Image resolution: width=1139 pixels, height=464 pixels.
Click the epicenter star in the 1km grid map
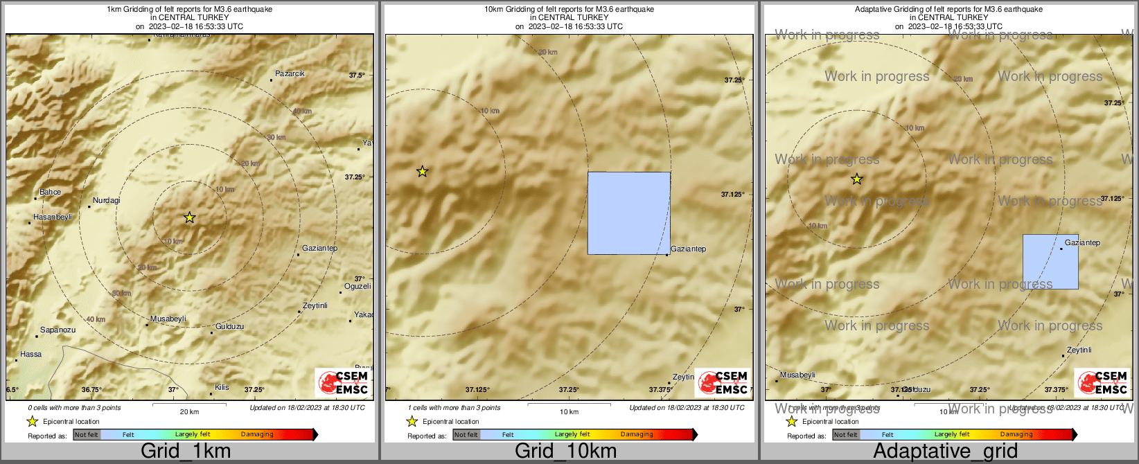click(x=189, y=217)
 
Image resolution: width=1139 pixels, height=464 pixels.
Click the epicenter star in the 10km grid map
click(x=422, y=171)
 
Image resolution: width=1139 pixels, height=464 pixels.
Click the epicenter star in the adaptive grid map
click(x=856, y=179)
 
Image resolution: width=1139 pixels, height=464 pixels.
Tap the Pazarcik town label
click(x=290, y=73)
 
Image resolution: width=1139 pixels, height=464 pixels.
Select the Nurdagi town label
click(x=106, y=201)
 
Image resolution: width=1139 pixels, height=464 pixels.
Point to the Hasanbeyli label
click(x=53, y=217)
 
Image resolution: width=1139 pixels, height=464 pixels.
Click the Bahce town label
click(x=50, y=193)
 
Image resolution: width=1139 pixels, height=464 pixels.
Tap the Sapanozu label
click(x=58, y=330)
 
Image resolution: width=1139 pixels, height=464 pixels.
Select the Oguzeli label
click(x=357, y=287)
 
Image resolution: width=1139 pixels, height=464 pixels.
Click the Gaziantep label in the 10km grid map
click(x=689, y=249)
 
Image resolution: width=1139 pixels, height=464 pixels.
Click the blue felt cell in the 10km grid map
click(x=628, y=213)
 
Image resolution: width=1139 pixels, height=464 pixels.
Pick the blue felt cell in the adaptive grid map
click(x=1050, y=262)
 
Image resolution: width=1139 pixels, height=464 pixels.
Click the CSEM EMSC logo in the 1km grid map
click(x=342, y=383)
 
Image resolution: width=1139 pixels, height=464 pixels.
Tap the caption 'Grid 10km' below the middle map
click(x=565, y=452)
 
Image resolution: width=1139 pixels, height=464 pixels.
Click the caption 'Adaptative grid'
click(x=945, y=452)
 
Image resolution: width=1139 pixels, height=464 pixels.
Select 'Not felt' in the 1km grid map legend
click(x=87, y=435)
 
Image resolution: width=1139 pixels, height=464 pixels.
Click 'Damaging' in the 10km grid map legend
click(x=637, y=435)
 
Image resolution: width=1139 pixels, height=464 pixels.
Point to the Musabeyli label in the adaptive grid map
click(x=797, y=375)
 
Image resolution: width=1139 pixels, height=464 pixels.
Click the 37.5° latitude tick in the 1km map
click(x=356, y=75)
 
